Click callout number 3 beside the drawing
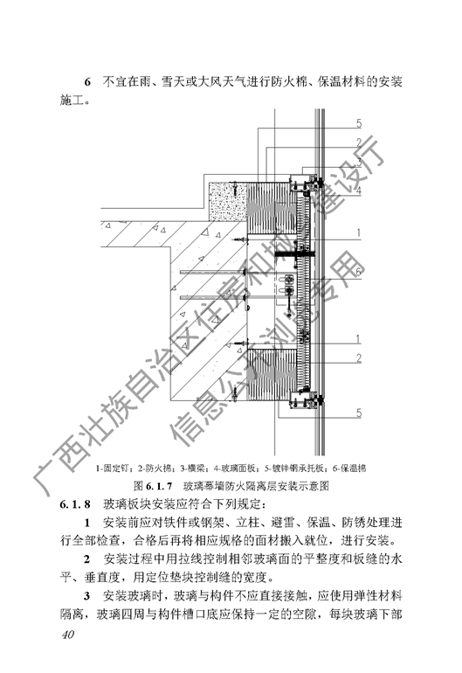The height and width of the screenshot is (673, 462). click(x=359, y=163)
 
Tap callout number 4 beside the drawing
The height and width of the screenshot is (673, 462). click(x=359, y=191)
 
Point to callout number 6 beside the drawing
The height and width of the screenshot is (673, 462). click(x=359, y=271)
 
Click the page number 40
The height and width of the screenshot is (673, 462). click(x=68, y=635)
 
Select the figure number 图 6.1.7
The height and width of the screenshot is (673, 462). click(x=152, y=486)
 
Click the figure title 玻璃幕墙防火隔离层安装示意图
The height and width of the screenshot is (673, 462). click(x=256, y=486)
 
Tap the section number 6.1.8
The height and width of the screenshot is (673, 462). click(x=75, y=504)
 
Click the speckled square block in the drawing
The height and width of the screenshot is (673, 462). click(x=227, y=201)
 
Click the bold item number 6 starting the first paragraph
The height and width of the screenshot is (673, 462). click(x=87, y=81)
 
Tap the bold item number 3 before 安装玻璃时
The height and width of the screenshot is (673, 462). click(x=87, y=596)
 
